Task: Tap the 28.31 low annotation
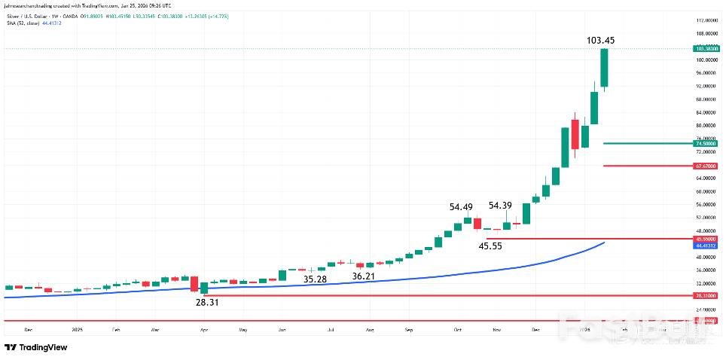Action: click(x=206, y=302)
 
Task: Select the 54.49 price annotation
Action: click(x=461, y=207)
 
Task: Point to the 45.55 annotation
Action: click(x=490, y=246)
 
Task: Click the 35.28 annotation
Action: click(x=315, y=279)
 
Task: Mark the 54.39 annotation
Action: click(x=501, y=205)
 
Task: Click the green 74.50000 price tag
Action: click(x=705, y=143)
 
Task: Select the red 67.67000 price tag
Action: click(x=705, y=166)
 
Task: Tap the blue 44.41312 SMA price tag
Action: click(x=705, y=246)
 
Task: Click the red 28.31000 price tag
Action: click(x=705, y=296)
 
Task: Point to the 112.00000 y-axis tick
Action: click(x=706, y=20)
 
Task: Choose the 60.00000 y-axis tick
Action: click(x=706, y=191)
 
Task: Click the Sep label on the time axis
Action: click(x=409, y=330)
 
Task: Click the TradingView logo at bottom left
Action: click(x=36, y=347)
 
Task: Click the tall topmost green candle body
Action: click(x=604, y=68)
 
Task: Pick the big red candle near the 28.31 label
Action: click(x=195, y=284)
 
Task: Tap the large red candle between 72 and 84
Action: click(x=575, y=135)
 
